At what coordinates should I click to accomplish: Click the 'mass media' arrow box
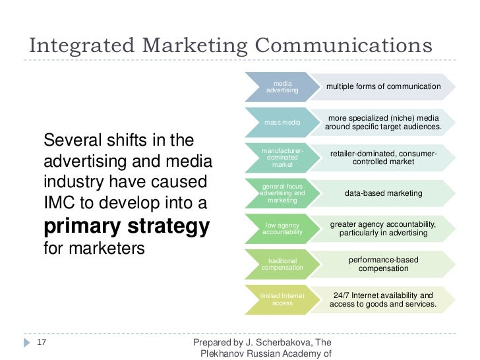pyautogui.click(x=282, y=123)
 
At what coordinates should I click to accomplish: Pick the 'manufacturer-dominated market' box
pyautogui.click(x=282, y=158)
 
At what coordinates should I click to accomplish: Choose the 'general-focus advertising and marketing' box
pyautogui.click(x=282, y=193)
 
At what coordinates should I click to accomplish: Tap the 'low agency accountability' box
pyautogui.click(x=282, y=228)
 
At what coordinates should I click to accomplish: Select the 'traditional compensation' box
pyautogui.click(x=282, y=264)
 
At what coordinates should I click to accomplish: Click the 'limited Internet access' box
pyautogui.click(x=282, y=299)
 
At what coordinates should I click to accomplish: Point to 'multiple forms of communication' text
pyautogui.click(x=383, y=86)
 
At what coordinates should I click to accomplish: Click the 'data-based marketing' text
pyautogui.click(x=383, y=193)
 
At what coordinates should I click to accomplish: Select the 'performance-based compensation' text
pyautogui.click(x=383, y=264)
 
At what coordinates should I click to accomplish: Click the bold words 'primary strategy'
pyautogui.click(x=127, y=226)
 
